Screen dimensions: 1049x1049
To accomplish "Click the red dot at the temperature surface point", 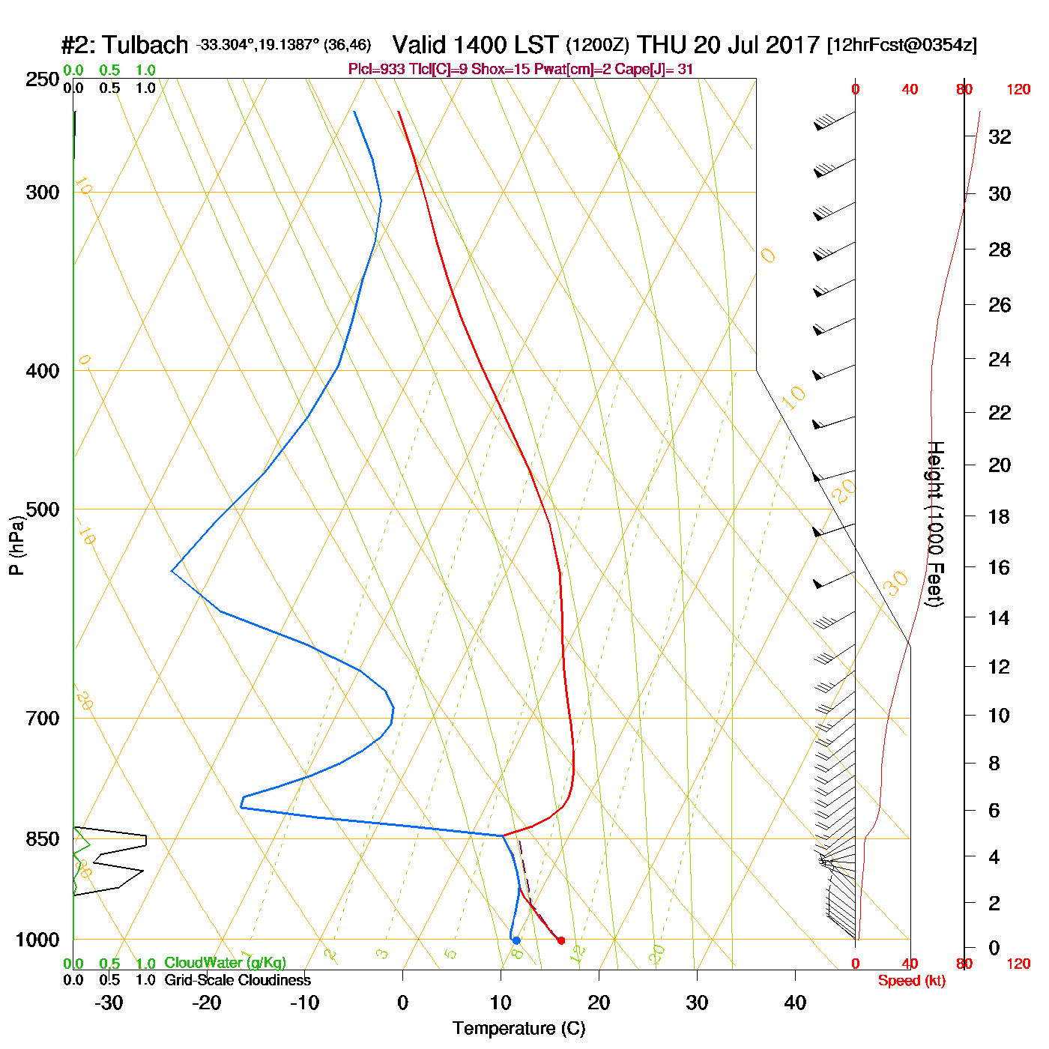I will (x=560, y=940).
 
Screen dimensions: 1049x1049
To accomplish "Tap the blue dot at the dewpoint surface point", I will (x=516, y=940).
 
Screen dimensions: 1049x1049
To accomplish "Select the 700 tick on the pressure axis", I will (x=42, y=719).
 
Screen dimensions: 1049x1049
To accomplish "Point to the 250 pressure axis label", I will (x=42, y=79).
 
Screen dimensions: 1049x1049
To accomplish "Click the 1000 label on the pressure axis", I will (x=37, y=940).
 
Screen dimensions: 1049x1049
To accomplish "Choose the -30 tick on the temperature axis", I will (x=109, y=1003).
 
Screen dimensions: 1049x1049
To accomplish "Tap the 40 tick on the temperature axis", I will (x=795, y=1003).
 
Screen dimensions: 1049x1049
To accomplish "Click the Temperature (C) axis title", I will (x=519, y=1029).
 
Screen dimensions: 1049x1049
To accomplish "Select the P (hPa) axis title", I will (x=16, y=545).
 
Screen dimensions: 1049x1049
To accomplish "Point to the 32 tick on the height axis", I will (x=1000, y=136).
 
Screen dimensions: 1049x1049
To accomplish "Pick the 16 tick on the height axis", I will (x=1000, y=567).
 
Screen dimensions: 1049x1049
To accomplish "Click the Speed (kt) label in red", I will (x=911, y=981).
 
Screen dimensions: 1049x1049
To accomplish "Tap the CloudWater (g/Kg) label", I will (x=225, y=963).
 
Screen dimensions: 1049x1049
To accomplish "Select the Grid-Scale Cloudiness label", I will (x=237, y=980).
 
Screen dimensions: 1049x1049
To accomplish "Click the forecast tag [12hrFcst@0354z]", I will (x=901, y=45).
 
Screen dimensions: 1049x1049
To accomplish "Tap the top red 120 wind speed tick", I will (x=1018, y=90).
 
